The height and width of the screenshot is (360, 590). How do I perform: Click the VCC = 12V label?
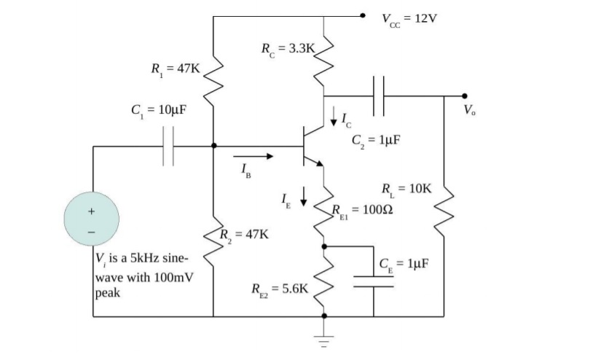coord(409,18)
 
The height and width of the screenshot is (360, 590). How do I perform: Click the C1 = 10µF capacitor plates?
coord(168,146)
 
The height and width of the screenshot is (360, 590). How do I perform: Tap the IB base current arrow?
coord(254,155)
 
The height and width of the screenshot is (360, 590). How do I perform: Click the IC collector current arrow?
coord(334,114)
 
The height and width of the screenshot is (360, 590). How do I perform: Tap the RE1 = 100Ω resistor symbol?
coord(324,215)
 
